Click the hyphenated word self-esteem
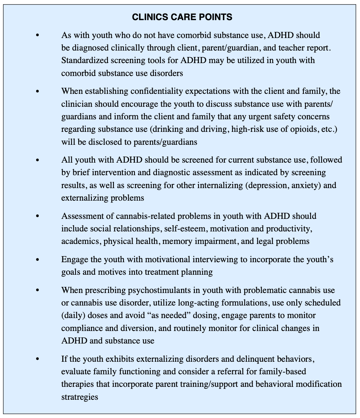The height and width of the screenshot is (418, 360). [188, 229]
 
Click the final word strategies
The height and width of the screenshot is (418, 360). [80, 397]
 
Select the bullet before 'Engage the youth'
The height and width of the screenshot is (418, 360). [37, 260]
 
